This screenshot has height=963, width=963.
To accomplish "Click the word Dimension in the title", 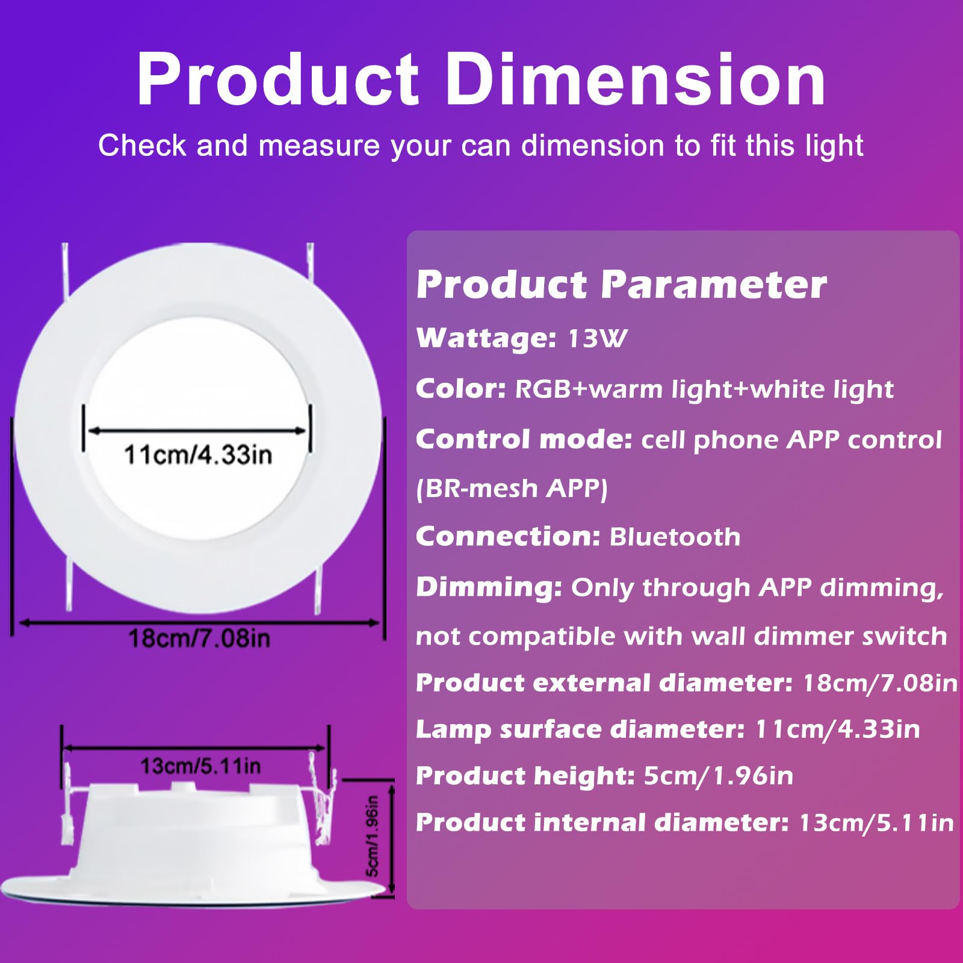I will [635, 79].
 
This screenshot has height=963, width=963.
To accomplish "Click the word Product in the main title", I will [277, 79].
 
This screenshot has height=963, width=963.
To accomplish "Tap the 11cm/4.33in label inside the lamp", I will [198, 454].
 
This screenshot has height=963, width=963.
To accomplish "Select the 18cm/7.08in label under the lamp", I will [199, 639].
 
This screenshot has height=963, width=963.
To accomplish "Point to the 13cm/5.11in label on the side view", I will [200, 766].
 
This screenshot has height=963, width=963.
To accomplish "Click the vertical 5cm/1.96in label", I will [373, 836].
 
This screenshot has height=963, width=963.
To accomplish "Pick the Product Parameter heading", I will [621, 284].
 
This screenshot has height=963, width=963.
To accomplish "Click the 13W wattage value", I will [598, 338].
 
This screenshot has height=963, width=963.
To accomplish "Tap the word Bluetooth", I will [675, 537].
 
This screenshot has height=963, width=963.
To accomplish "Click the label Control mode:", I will [524, 439].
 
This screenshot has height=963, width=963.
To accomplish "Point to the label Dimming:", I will [489, 587].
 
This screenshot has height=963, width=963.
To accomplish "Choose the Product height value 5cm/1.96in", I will [719, 776].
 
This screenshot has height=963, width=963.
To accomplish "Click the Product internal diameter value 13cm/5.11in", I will [876, 823].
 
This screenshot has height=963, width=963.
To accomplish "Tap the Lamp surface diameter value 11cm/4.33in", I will [837, 729].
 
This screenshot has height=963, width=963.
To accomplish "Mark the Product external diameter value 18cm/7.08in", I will [880, 683].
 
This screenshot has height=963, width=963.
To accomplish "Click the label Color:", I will [461, 389].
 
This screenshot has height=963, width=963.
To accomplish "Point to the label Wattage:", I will [486, 338].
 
